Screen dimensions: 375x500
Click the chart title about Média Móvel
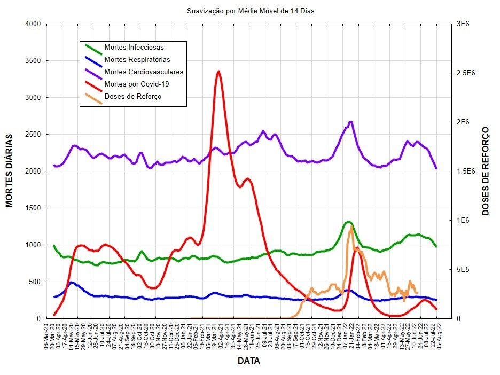pyautogui.click(x=247, y=11)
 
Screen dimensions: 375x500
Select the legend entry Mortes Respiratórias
pyautogui.click(x=137, y=60)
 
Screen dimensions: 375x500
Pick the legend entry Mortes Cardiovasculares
pyautogui.click(x=144, y=72)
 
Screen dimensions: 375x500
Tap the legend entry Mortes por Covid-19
pyautogui.click(x=137, y=84)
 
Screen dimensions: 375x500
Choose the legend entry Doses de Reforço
pyautogui.click(x=133, y=96)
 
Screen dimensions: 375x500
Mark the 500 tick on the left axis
pyautogui.click(x=34, y=282)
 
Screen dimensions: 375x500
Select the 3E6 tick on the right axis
pyautogui.click(x=460, y=24)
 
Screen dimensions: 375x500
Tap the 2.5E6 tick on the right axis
pyautogui.click(x=463, y=73)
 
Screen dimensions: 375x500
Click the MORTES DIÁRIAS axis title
pyautogui.click(x=10, y=171)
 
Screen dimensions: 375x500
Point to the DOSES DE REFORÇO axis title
pyautogui.click(x=486, y=171)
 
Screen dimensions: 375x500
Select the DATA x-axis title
pyautogui.click(x=248, y=362)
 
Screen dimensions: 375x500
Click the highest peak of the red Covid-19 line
pyautogui.click(x=218, y=71)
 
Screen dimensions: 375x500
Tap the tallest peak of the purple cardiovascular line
pyautogui.click(x=350, y=122)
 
